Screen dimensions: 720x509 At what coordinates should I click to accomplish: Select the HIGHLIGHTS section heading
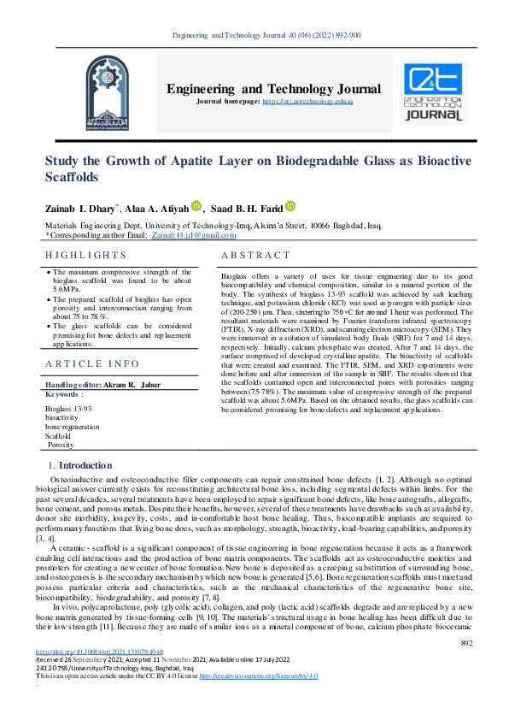click(x=86, y=255)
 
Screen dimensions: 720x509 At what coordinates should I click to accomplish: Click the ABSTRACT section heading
click(x=256, y=255)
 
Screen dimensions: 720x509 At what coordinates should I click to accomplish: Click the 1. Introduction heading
click(x=80, y=465)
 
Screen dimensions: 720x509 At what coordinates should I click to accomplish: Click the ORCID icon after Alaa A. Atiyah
click(x=196, y=206)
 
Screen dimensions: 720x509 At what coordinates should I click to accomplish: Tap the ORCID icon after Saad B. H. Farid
click(x=290, y=206)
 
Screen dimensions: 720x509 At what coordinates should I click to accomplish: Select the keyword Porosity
click(x=61, y=445)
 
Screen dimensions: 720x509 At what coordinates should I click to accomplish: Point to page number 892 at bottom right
click(x=466, y=667)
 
